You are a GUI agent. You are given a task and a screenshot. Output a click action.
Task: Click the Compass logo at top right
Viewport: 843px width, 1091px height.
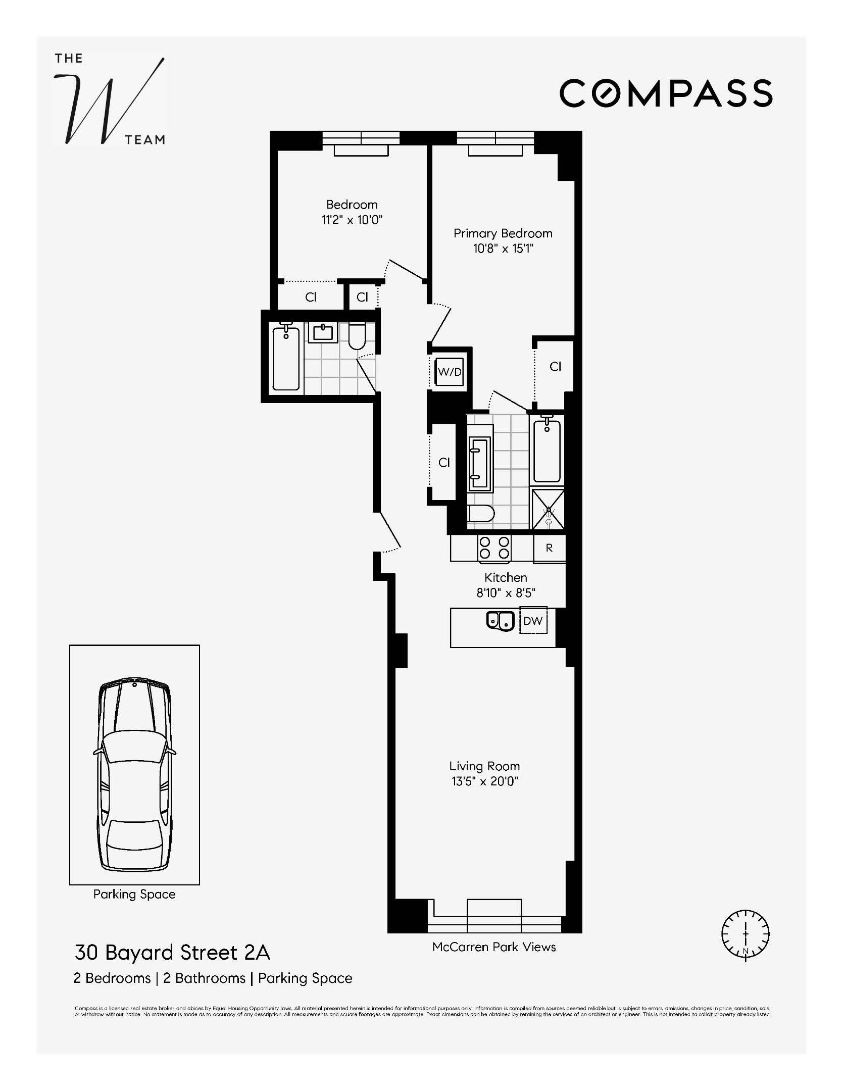666,93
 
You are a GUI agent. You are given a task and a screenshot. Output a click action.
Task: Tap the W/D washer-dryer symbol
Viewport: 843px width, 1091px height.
450,372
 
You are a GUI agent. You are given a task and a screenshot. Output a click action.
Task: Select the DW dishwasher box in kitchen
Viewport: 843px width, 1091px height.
533,621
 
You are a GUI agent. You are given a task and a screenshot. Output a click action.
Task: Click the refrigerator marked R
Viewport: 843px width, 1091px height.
549,548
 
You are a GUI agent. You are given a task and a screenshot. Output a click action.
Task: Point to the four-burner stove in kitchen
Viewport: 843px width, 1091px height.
494,548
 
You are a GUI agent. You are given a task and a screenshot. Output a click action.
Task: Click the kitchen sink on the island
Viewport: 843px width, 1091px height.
500,621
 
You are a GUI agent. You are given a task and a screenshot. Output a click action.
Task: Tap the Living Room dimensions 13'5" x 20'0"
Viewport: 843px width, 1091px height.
484,781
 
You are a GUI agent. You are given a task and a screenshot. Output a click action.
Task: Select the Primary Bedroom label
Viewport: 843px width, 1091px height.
503,233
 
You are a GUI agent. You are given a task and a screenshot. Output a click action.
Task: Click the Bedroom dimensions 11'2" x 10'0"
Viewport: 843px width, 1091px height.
352,220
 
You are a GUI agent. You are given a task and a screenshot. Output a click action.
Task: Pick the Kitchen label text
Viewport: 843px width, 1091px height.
506,577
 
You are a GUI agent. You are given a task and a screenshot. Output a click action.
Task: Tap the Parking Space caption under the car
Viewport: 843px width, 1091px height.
134,894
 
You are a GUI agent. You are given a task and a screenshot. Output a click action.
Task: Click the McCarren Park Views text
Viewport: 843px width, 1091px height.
494,947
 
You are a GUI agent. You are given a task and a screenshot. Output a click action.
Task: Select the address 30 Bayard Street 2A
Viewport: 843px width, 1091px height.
172,953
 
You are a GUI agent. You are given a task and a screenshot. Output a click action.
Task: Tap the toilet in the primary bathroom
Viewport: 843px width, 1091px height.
480,515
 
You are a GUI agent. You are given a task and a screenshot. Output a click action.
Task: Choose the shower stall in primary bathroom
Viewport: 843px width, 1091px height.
548,509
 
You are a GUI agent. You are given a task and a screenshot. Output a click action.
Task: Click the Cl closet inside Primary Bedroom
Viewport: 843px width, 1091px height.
555,367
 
